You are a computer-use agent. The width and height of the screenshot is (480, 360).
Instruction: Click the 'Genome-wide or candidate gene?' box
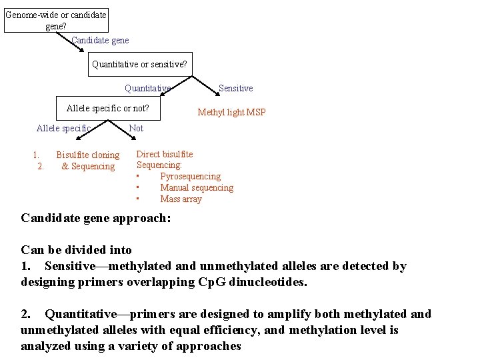coord(56,20)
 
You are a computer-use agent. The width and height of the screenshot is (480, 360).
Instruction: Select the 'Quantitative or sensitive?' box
coord(140,65)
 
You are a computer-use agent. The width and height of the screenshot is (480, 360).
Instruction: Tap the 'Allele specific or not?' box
coord(108,108)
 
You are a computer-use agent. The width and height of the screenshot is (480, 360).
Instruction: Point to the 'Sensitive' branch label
coord(236,88)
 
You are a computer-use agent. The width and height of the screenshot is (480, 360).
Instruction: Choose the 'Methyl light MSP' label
coord(231,112)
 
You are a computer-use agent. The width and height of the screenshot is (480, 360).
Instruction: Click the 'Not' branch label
coord(136,128)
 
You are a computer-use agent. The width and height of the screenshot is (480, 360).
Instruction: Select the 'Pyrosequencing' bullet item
coord(190,177)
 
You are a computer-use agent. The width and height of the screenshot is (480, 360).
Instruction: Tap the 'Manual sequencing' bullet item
coord(197,188)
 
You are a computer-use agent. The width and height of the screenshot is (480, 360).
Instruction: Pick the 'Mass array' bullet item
coord(181,199)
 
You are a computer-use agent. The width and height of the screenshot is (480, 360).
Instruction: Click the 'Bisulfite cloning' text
coord(88,155)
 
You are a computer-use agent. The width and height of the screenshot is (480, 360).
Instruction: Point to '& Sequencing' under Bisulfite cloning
coord(88,167)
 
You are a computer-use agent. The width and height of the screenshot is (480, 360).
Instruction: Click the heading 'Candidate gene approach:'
coord(96,218)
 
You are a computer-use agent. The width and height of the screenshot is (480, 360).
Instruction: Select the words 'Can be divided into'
coord(77,250)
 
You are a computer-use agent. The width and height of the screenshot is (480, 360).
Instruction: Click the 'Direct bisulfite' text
coord(165,154)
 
